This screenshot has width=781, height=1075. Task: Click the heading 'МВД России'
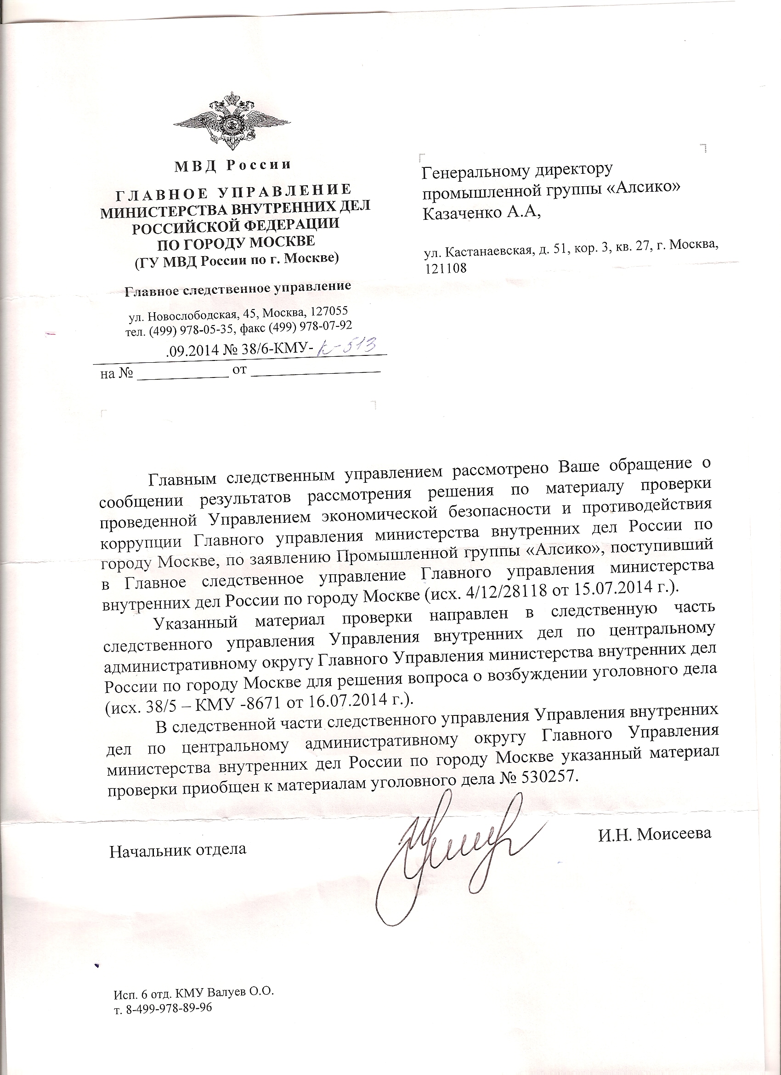[x=232, y=165]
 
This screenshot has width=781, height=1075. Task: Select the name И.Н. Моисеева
[x=655, y=834]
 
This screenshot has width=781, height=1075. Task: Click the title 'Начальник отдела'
[x=178, y=849]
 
